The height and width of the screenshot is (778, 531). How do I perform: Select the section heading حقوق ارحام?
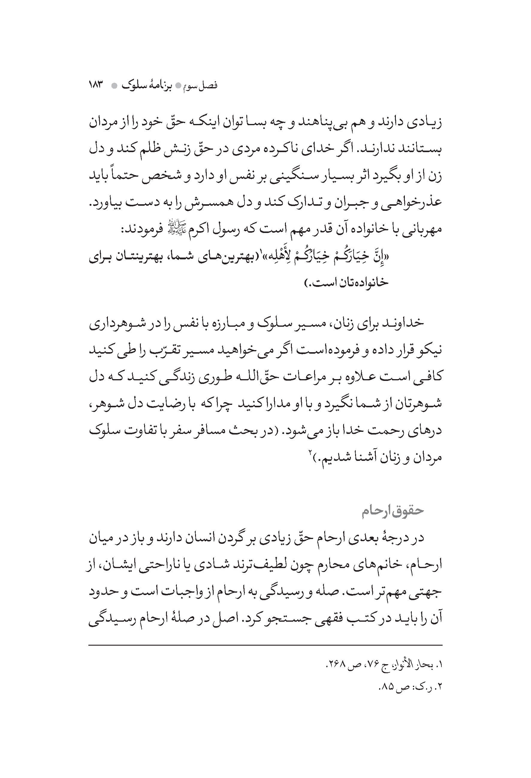393,511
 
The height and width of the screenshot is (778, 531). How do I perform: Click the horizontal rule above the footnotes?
265,645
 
